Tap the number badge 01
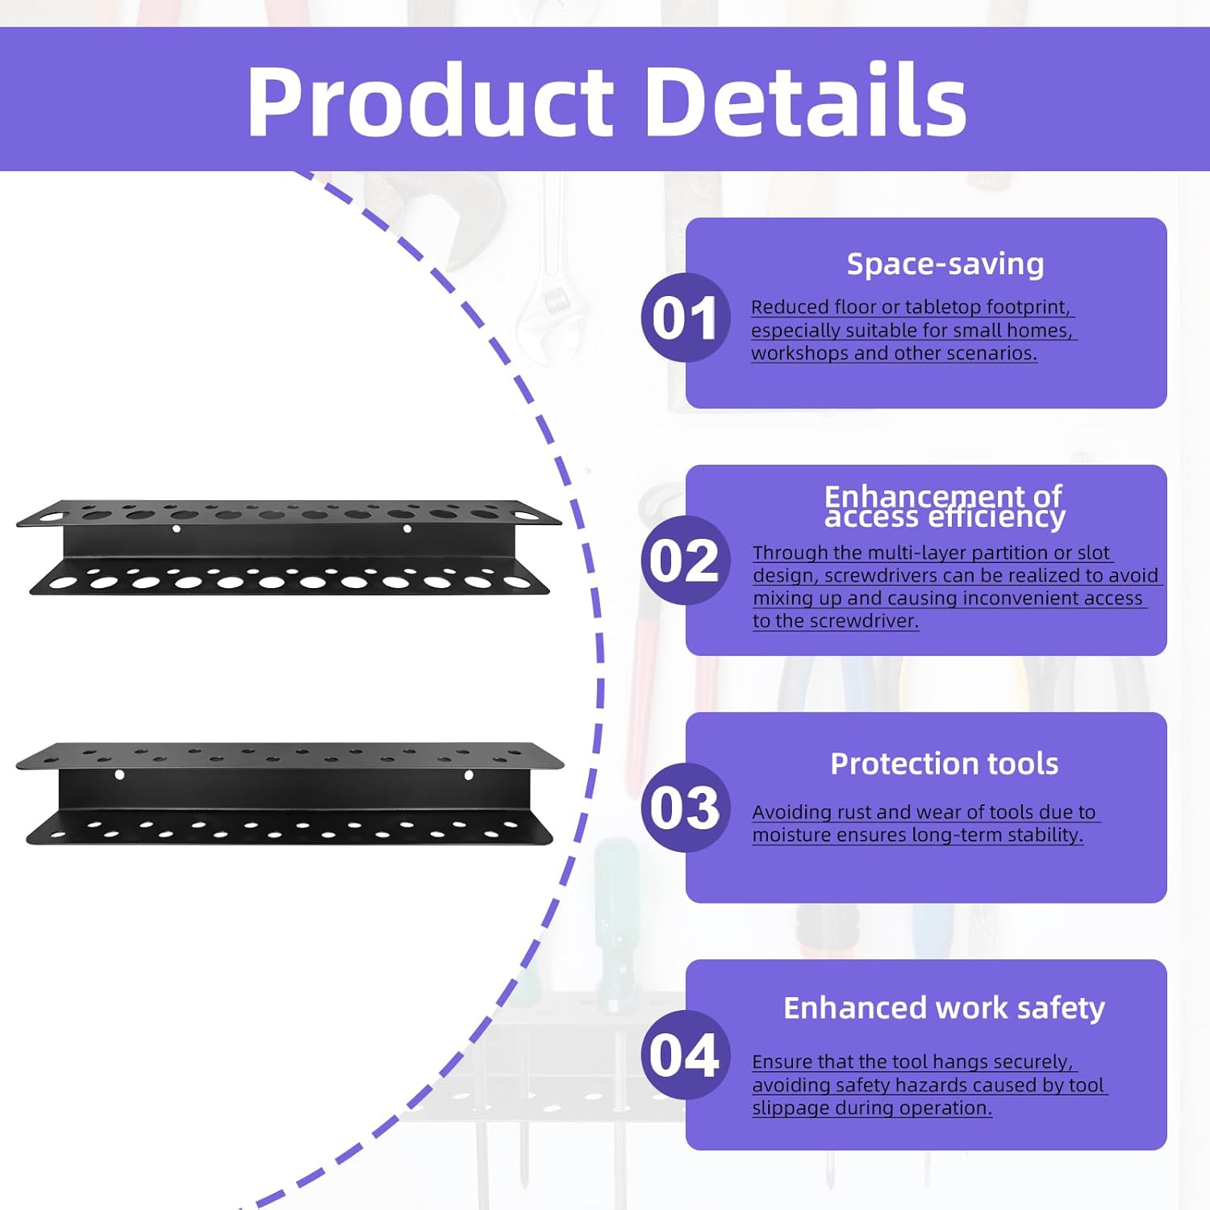685,318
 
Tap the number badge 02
685,561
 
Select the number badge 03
685,807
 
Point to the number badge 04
685,1054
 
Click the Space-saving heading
945,265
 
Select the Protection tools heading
944,764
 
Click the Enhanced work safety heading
944,1008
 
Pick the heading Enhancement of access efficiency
944,506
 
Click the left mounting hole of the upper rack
177,529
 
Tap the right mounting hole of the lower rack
469,775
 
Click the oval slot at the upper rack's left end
52,514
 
